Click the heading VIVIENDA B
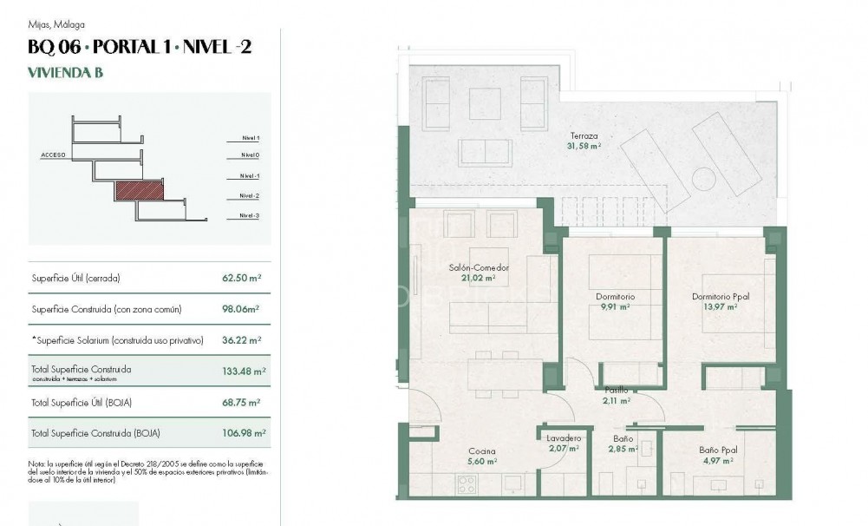66,73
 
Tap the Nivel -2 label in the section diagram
250,196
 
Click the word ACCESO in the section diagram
54,155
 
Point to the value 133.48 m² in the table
244,371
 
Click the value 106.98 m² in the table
244,432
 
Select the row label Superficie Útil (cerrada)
75,279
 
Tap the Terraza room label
585,135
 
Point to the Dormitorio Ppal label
721,297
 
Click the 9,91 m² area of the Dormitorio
615,307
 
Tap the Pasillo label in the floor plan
616,391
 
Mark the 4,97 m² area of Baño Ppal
719,461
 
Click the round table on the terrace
704,181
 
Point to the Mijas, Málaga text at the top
56,24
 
